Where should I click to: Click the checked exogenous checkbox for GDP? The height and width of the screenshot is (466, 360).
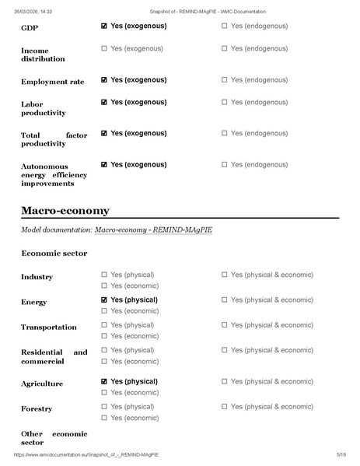[104, 26]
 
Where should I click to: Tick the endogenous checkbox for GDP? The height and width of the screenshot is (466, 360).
[225, 26]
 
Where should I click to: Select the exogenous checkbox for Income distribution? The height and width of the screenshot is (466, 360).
[104, 49]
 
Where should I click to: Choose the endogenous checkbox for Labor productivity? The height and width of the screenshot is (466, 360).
[225, 103]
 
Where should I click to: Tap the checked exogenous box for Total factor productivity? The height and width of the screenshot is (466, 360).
[104, 134]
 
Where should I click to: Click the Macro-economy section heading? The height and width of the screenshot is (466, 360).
[65, 211]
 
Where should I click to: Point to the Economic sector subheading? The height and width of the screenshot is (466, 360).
[54, 254]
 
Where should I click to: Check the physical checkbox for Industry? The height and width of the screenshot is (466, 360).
[104, 275]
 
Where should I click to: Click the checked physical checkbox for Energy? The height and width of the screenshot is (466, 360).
[104, 300]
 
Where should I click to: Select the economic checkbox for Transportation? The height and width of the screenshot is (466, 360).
[104, 336]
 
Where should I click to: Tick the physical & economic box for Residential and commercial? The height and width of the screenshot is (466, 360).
[225, 350]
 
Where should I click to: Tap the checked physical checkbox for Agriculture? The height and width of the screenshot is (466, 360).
[104, 382]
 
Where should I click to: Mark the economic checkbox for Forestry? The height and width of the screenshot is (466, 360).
[104, 419]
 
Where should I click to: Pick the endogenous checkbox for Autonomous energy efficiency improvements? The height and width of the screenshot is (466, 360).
[225, 165]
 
